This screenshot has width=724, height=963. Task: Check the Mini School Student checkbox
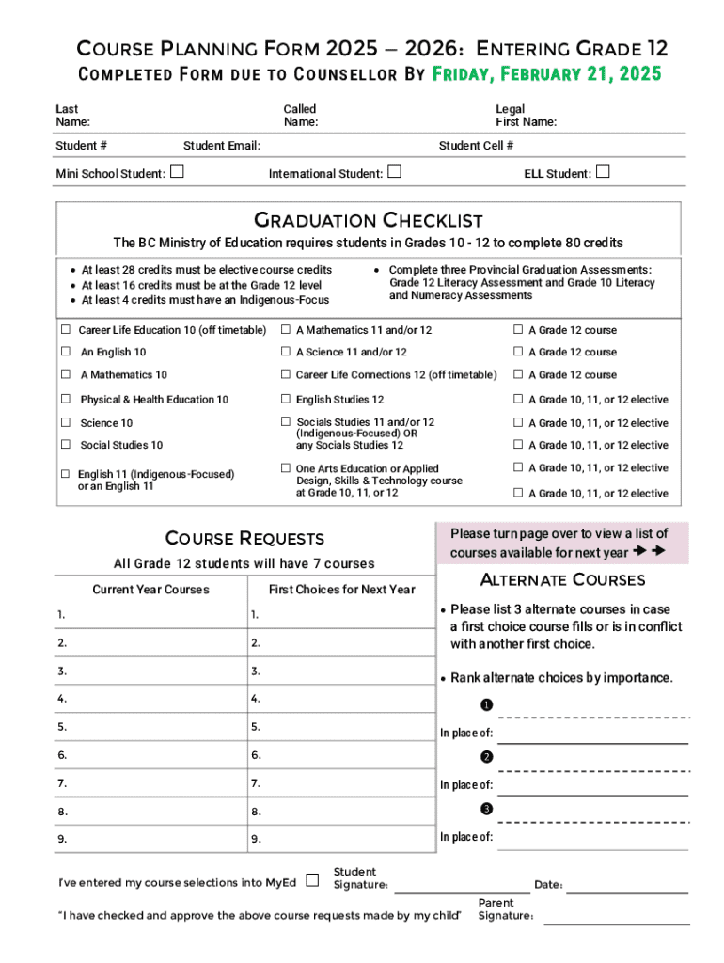point(177,171)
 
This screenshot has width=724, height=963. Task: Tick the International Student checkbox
point(394,171)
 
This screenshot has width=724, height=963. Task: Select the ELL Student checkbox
point(603,171)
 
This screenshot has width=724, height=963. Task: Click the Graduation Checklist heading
point(369,221)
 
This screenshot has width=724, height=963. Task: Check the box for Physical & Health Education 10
point(66,399)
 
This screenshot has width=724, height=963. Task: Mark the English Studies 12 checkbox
point(285,399)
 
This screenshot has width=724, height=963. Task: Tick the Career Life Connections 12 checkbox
point(285,374)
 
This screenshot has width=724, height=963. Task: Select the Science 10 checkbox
point(66,422)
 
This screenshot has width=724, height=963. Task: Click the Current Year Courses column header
point(150,590)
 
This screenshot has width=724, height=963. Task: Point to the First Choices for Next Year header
point(341,590)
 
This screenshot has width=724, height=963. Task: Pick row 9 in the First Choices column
point(341,839)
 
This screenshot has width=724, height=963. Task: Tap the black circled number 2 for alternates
point(486,758)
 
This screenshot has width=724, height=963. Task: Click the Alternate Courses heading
point(562,579)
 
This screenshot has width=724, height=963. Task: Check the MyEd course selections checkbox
point(312,880)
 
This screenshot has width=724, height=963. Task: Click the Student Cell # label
point(476,146)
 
